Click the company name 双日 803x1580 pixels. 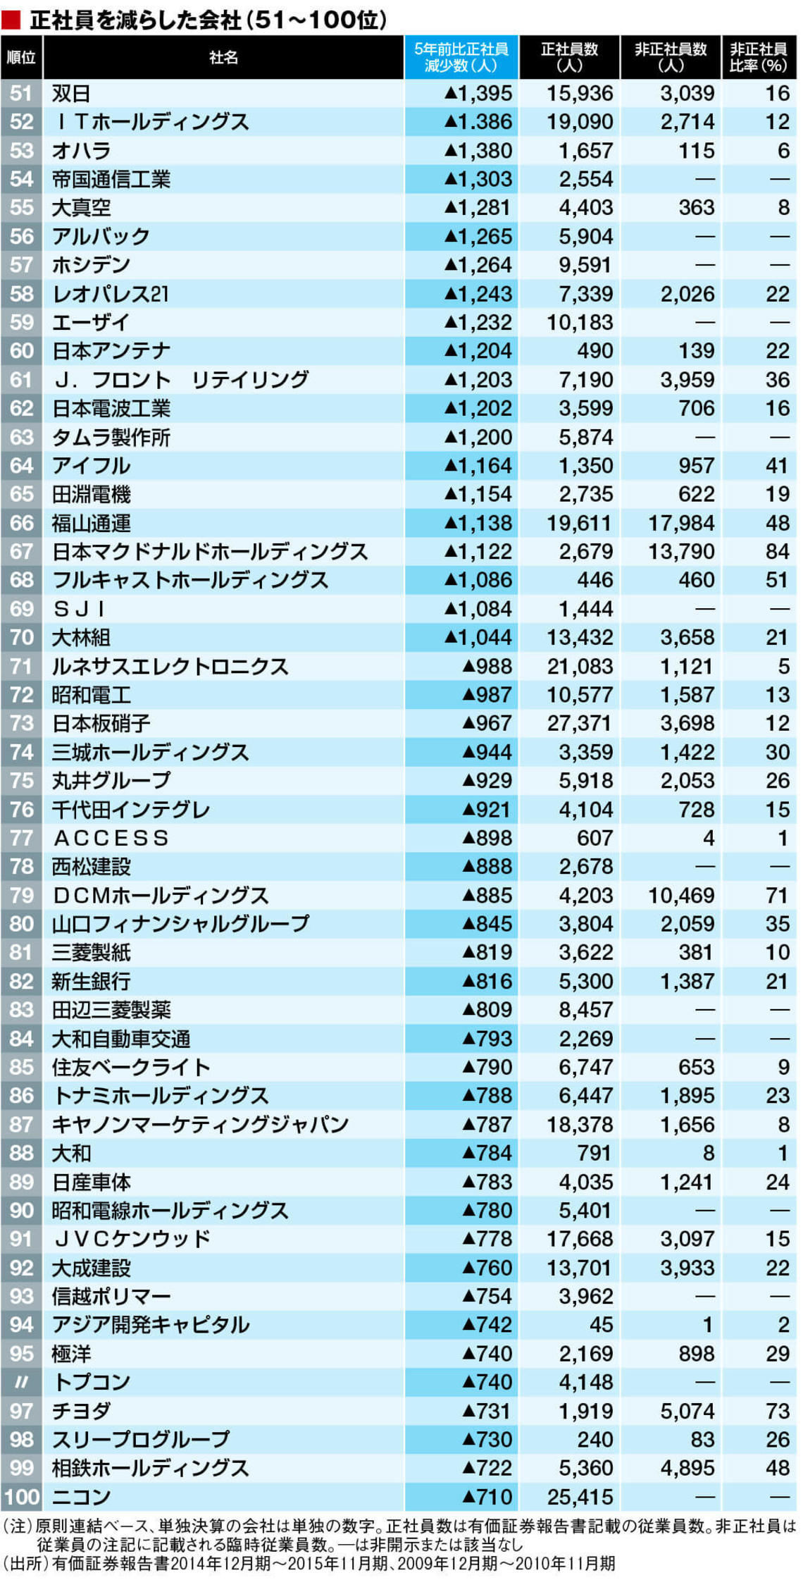click(x=70, y=93)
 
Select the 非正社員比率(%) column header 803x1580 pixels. click(x=758, y=57)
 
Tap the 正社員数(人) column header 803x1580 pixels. click(x=569, y=57)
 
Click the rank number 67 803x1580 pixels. click(x=22, y=551)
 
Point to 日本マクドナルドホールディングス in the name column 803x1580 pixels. click(x=210, y=551)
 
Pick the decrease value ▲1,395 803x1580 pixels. click(x=478, y=93)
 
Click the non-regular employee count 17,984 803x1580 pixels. click(x=681, y=523)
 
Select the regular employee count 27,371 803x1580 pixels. click(x=580, y=723)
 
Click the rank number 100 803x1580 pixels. click(x=22, y=1496)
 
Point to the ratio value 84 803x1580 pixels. click(x=777, y=551)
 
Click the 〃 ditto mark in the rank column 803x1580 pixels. click(x=22, y=1382)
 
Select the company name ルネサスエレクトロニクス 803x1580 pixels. click(x=170, y=666)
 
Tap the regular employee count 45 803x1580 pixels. click(x=601, y=1325)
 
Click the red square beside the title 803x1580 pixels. click(x=11, y=20)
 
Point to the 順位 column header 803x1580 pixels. click(x=22, y=57)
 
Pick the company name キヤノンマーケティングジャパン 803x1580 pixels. click(x=200, y=1124)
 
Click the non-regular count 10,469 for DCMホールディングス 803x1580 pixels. click(x=681, y=895)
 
